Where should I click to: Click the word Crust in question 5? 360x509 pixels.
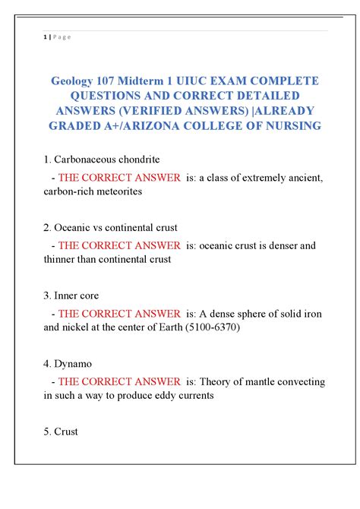point(66,432)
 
